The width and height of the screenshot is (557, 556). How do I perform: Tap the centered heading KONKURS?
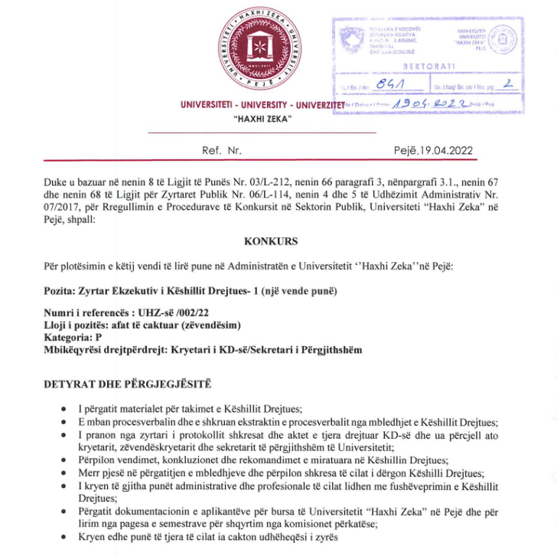(271, 241)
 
